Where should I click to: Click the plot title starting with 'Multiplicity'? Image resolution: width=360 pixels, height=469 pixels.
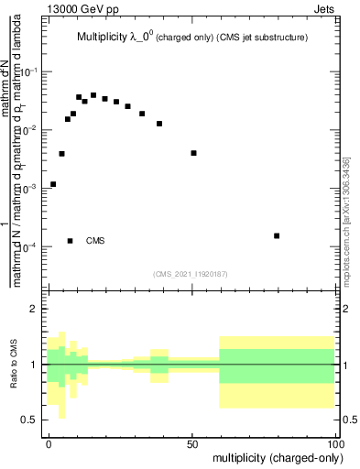coord(191,38)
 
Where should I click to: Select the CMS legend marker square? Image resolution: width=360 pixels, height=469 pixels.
coord(71,241)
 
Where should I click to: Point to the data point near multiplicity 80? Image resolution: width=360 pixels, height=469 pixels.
coord(277,235)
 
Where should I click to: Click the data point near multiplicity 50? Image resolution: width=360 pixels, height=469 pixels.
coord(193,153)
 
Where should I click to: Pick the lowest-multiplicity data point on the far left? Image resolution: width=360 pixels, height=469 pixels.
coord(53,184)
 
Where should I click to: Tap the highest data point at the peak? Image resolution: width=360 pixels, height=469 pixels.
coord(93,94)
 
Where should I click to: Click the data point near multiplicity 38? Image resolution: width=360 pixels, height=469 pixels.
coord(159,124)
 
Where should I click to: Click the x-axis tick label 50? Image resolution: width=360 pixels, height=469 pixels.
coord(192,443)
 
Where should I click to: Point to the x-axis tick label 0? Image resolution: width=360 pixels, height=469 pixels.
coord(49,443)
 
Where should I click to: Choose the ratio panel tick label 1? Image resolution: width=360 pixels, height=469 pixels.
coord(35,365)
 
